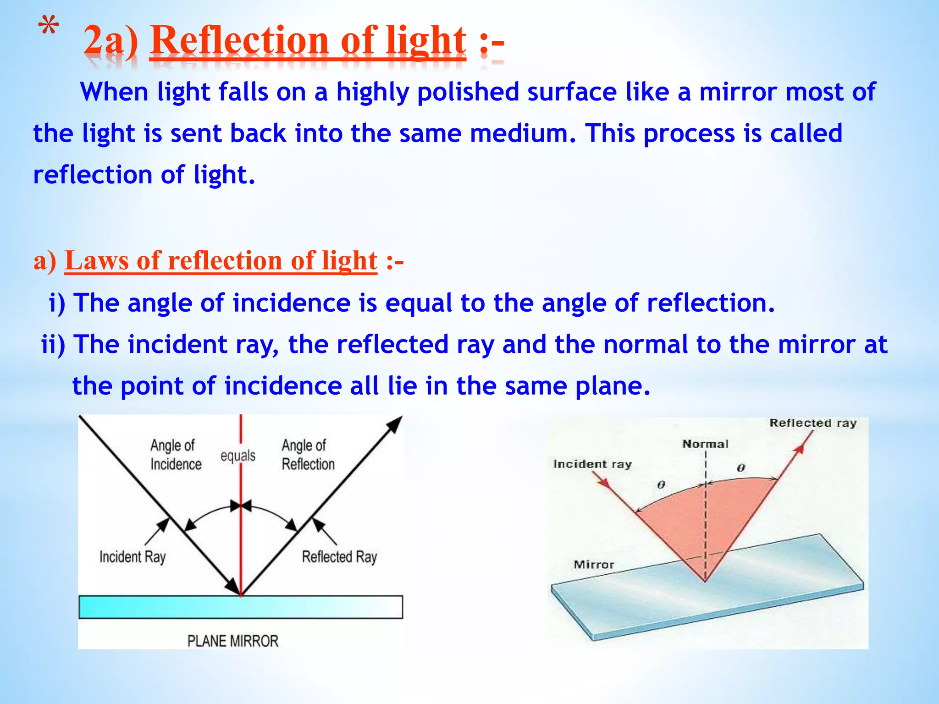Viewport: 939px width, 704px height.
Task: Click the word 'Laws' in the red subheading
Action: click(x=97, y=261)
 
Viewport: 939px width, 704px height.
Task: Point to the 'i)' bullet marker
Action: click(x=57, y=303)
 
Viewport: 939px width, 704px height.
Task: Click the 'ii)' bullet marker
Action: click(x=53, y=345)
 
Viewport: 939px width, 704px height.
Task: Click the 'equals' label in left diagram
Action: click(x=238, y=456)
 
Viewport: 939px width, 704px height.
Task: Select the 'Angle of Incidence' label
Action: click(x=176, y=455)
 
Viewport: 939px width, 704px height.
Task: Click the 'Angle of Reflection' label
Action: click(x=308, y=455)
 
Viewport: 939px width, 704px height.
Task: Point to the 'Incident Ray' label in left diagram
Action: click(x=133, y=557)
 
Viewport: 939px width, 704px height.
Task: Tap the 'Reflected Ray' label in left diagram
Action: click(x=339, y=557)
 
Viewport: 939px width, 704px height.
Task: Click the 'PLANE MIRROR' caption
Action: click(x=232, y=640)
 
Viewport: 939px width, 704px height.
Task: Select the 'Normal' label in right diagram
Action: click(x=705, y=444)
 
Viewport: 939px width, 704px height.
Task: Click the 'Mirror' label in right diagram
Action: click(x=593, y=565)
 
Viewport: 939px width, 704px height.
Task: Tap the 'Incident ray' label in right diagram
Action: click(x=592, y=464)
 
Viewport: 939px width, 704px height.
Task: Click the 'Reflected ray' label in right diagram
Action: click(x=812, y=423)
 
